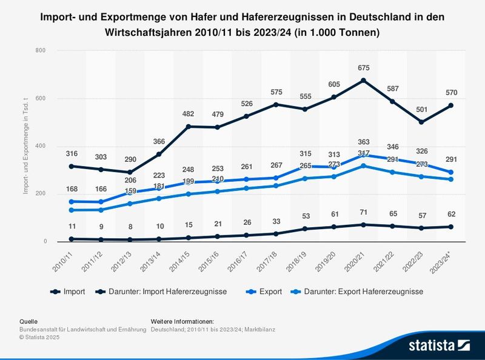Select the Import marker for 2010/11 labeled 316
[72, 166]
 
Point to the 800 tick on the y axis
[41, 51]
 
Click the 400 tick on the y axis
[41, 146]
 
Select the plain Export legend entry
[270, 292]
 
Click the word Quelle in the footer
[29, 321]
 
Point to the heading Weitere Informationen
[182, 321]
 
